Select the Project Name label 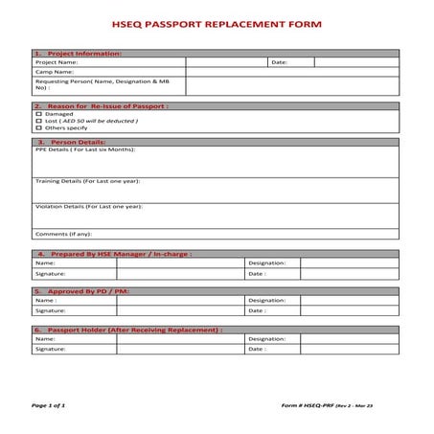tap(57, 62)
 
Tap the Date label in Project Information tap(279, 62)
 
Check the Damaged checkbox tap(39, 114)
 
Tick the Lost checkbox tap(39, 121)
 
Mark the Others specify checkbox tap(39, 127)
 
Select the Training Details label tap(87, 180)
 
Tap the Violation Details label tap(89, 206)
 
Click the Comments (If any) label tap(62, 234)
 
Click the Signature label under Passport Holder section tap(51, 349)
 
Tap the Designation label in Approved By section tap(267, 300)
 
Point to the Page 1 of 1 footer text tap(49, 405)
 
